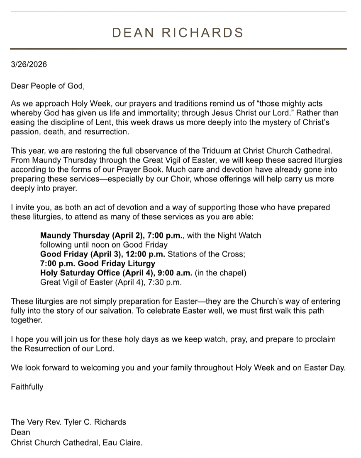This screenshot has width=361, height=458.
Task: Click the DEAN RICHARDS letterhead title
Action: tap(178, 33)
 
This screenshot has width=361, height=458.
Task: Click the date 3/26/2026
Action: tap(29, 64)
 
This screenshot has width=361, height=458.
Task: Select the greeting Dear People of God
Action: tap(48, 86)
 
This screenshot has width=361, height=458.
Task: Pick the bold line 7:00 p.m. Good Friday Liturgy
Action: tap(98, 263)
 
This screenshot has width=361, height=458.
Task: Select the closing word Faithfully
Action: tap(27, 387)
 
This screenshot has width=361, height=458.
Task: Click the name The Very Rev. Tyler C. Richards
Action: tap(68, 422)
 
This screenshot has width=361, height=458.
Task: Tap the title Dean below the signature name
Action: tap(20, 432)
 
